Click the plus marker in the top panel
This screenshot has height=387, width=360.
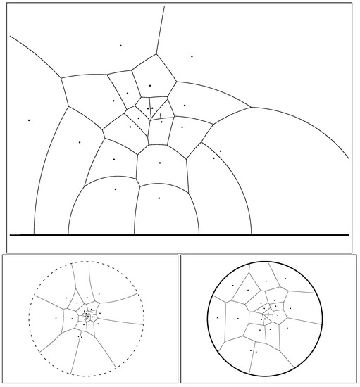tap(161, 114)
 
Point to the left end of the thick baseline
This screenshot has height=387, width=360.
tap(11, 234)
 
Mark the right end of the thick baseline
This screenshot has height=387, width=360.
tap(349, 234)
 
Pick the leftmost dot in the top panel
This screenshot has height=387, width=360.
tap(29, 120)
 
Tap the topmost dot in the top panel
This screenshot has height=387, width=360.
tap(120, 46)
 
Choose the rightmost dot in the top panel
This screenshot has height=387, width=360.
tap(221, 151)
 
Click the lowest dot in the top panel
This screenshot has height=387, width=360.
tap(159, 198)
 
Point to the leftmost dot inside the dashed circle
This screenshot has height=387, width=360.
tap(66, 298)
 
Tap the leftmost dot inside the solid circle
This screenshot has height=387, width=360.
tap(238, 318)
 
